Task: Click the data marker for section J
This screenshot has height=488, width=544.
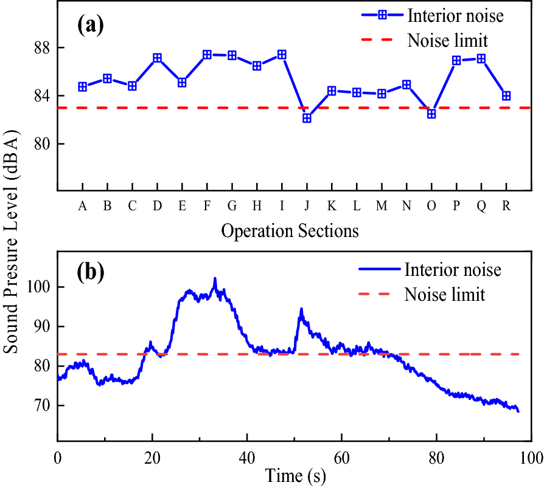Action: click(x=307, y=118)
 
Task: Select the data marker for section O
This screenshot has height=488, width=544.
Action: click(x=431, y=114)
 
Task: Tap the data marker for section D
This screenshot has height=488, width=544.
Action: click(x=157, y=58)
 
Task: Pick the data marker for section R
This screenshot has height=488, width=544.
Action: click(x=506, y=95)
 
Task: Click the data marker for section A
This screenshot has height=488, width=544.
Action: click(x=82, y=87)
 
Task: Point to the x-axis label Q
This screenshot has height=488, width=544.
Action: click(x=481, y=207)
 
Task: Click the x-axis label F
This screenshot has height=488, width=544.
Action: click(x=207, y=207)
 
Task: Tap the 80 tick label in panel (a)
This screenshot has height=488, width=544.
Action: click(x=41, y=144)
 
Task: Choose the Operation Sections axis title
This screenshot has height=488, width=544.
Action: click(x=290, y=231)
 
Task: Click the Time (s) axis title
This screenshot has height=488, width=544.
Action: click(x=295, y=476)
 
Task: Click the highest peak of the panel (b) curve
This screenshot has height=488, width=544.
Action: click(x=215, y=279)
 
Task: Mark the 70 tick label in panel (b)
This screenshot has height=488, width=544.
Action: click(x=41, y=405)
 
